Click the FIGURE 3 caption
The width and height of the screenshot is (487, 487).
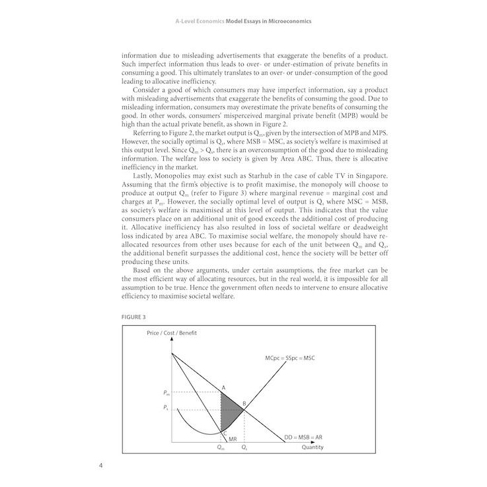coord(131,316)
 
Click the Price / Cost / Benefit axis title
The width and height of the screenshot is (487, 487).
coord(172,332)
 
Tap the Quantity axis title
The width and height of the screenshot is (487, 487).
coord(313,447)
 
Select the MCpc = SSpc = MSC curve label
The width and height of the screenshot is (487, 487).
coord(289,358)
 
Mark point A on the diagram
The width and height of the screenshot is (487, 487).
coord(223,387)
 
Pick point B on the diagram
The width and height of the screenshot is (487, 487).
coord(244,403)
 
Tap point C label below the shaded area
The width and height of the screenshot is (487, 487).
coord(224,433)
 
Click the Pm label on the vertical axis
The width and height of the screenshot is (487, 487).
coord(165,393)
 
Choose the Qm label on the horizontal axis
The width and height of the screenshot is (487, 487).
coord(220,448)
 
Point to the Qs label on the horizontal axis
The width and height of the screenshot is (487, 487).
coord(244,448)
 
